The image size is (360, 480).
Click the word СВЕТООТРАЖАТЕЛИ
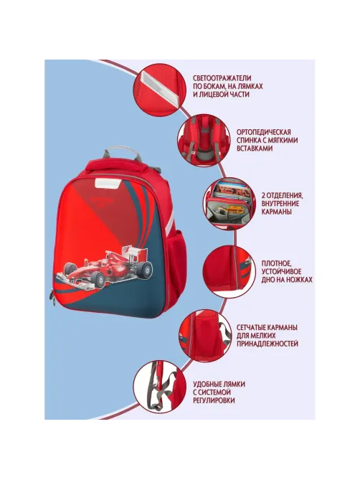222,78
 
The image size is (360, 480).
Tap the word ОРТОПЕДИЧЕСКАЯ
264,132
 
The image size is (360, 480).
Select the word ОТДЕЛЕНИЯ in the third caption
285,195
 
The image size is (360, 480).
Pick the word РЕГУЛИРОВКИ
214,400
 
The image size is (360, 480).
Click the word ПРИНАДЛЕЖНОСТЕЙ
267,344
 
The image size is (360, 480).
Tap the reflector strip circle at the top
160,90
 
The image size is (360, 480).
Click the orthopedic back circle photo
204,140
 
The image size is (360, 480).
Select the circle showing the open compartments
229,204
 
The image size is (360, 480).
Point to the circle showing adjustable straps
160,386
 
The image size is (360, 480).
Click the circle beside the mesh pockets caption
205,336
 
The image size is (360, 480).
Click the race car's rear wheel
144,270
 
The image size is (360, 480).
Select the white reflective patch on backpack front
107,183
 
